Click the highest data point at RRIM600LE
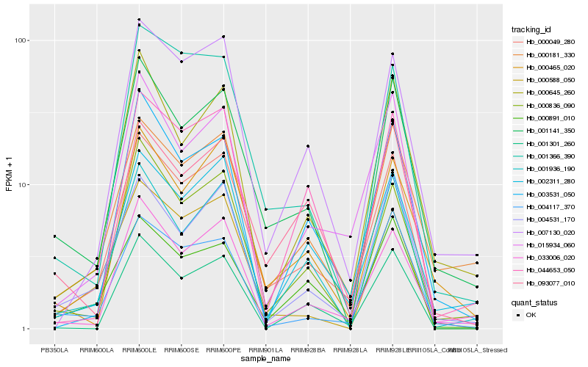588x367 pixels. pos(139,19)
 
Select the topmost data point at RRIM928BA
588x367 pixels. pos(308,146)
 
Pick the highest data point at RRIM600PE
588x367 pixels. pos(223,36)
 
